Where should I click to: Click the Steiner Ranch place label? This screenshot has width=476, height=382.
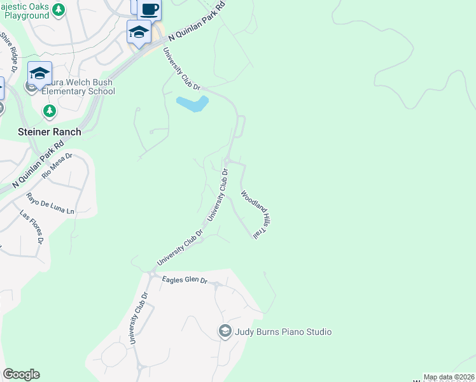coord(48,132)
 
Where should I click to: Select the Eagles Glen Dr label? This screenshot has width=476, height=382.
coord(185,279)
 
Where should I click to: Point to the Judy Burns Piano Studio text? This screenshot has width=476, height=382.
coord(283,332)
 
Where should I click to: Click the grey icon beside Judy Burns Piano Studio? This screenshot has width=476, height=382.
coord(225,331)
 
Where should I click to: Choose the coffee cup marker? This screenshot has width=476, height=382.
coord(150,10)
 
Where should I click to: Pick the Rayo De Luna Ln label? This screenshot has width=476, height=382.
coord(51,202)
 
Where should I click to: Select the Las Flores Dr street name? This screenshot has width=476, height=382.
coord(31,227)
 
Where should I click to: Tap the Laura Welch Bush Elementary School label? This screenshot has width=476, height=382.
coord(78,87)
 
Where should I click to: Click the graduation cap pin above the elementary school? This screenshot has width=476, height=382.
coord(39,73)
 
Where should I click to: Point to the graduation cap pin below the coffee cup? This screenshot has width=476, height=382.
coord(139,31)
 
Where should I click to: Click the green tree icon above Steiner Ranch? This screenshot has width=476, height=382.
coord(49,111)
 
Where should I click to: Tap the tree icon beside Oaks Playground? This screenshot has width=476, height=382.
coord(59,10)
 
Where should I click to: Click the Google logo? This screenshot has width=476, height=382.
coord(21,374)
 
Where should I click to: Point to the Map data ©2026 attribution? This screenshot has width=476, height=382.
coord(449,377)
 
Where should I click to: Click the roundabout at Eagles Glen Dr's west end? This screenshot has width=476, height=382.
coord(152,273)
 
